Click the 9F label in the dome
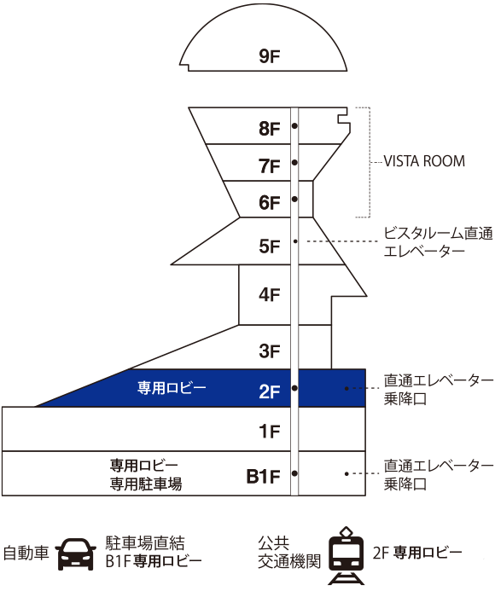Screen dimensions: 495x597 (x=270, y=56)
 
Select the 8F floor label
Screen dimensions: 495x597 (x=270, y=129)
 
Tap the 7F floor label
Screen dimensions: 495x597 (x=270, y=166)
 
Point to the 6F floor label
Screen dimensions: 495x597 (x=270, y=203)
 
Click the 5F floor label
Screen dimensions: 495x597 (x=270, y=246)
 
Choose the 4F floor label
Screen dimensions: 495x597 (x=270, y=295)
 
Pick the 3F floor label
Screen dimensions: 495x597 (x=270, y=351)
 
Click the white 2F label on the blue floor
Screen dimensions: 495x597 (x=270, y=391)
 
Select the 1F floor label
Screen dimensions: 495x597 (x=270, y=432)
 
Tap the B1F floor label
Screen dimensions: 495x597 (x=264, y=476)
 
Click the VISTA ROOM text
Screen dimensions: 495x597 (x=424, y=161)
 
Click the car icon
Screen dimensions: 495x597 (x=76, y=554)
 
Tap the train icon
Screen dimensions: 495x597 (x=346, y=555)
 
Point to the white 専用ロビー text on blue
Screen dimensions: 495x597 (x=172, y=388)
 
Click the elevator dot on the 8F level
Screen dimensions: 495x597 (x=294, y=125)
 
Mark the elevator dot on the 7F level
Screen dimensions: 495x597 (x=294, y=163)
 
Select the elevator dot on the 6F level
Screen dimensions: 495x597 (x=294, y=199)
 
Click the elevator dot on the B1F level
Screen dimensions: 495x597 (x=294, y=473)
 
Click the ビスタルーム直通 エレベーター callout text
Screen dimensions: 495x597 (x=438, y=242)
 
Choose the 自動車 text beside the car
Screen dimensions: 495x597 (x=26, y=554)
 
